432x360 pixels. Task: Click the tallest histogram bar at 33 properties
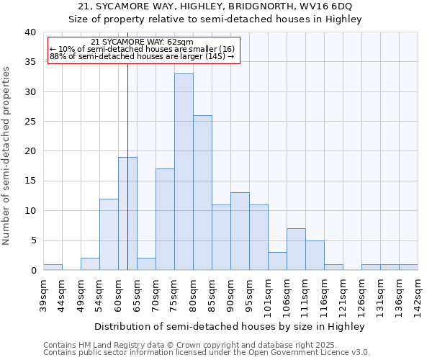point(184,172)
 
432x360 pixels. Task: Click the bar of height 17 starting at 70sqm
point(165,220)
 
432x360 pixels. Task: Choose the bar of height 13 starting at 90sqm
point(240,231)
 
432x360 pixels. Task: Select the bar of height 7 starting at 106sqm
point(296,249)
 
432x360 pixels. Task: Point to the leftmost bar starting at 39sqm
point(53,267)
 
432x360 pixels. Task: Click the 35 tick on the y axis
point(30,62)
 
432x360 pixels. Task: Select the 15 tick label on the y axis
point(30,181)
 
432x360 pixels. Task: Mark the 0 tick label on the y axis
point(32,271)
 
